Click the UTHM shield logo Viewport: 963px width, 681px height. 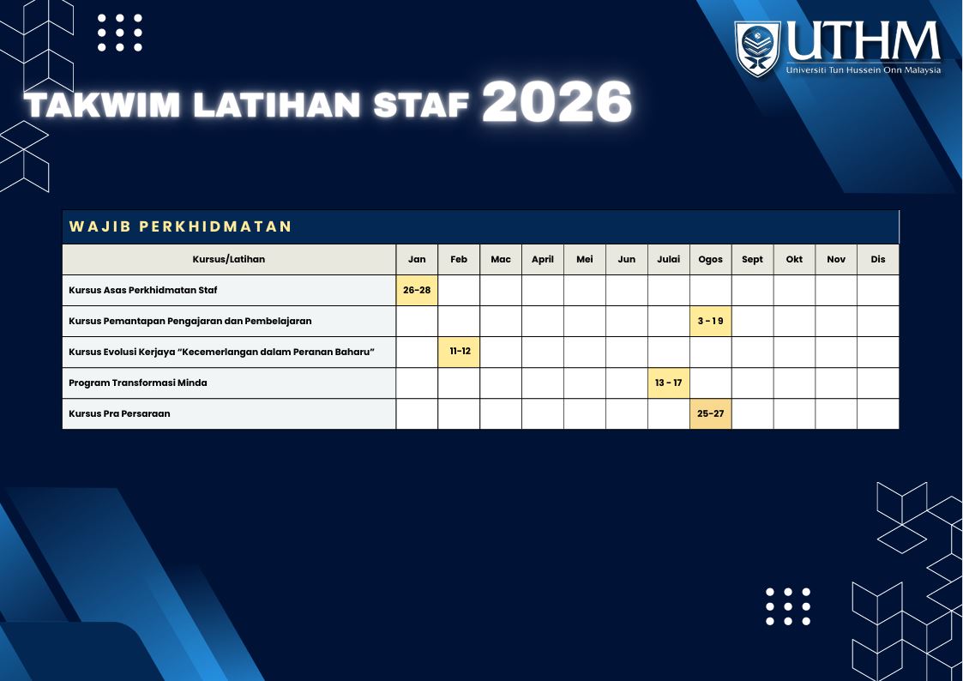point(757,49)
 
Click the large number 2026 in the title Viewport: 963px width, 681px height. point(557,102)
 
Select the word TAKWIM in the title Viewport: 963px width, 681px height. point(103,105)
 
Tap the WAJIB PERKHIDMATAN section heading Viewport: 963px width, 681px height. point(181,226)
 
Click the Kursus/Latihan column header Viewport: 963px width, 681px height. point(228,259)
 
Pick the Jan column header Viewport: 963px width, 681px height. point(417,259)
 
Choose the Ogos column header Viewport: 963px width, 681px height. point(711,260)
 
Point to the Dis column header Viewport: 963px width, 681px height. point(878,259)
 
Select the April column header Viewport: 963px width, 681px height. point(543,260)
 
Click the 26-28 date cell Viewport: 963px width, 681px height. point(417,291)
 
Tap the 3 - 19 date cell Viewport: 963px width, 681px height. point(711,321)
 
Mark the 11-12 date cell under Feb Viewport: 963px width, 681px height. point(460,352)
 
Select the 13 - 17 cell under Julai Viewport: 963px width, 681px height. point(669,383)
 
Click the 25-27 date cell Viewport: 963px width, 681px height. point(711,414)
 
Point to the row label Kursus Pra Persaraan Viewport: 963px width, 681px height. point(119,414)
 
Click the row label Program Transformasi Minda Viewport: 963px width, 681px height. point(137,383)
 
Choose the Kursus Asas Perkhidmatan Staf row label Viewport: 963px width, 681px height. point(142,290)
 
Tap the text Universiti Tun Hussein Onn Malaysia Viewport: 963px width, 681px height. point(863,70)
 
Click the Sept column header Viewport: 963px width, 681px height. point(752,260)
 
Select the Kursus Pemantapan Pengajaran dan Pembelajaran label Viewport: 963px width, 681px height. point(190,321)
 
